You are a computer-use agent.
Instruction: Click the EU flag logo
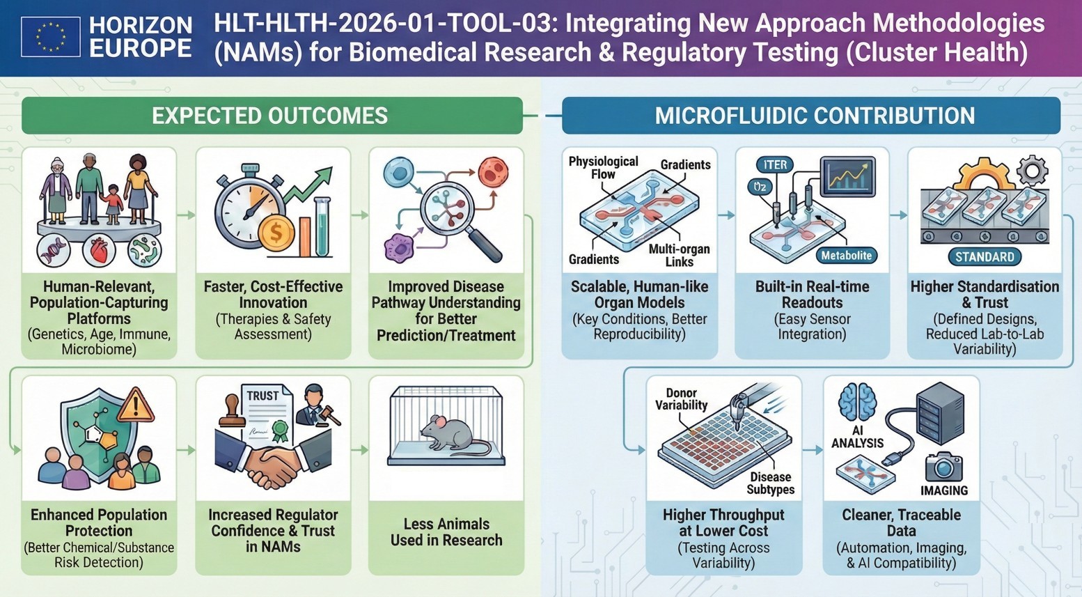(50, 37)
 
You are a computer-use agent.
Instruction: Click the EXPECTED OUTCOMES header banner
(272, 116)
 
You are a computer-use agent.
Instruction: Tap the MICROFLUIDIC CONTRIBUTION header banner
(811, 116)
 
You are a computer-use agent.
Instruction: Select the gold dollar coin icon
(276, 232)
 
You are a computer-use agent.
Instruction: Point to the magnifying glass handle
(485, 243)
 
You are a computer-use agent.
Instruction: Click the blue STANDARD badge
(985, 257)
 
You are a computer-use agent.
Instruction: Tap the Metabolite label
(846, 256)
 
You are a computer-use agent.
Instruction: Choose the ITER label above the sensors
(775, 165)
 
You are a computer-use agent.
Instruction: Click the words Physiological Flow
(603, 167)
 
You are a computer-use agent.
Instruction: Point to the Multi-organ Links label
(679, 255)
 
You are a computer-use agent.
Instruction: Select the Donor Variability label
(681, 399)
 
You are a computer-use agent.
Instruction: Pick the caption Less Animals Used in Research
(446, 532)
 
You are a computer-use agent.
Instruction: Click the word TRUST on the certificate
(262, 396)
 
